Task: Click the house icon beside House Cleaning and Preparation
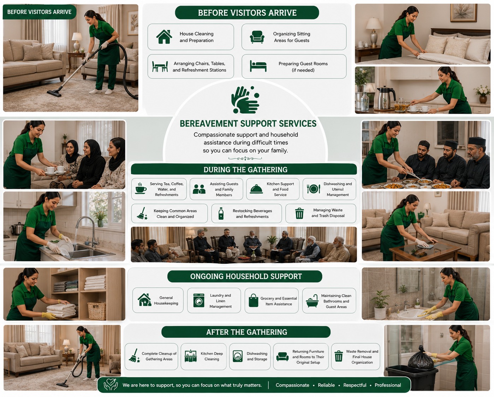[164, 37]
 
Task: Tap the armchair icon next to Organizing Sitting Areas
[257, 37]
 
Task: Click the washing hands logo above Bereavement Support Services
[245, 100]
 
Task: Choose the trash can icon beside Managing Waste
[299, 213]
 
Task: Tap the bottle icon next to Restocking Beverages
[221, 214]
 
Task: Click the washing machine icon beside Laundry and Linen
[199, 300]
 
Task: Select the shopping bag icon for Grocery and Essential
[254, 300]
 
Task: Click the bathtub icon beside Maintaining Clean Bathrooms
[312, 301]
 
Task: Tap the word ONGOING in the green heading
[207, 276]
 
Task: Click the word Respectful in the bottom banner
[355, 385]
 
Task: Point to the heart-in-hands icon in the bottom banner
[111, 384]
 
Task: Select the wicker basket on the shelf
[97, 311]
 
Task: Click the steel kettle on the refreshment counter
[386, 97]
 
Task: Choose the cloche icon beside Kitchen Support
[256, 189]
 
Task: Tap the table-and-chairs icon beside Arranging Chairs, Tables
[160, 66]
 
